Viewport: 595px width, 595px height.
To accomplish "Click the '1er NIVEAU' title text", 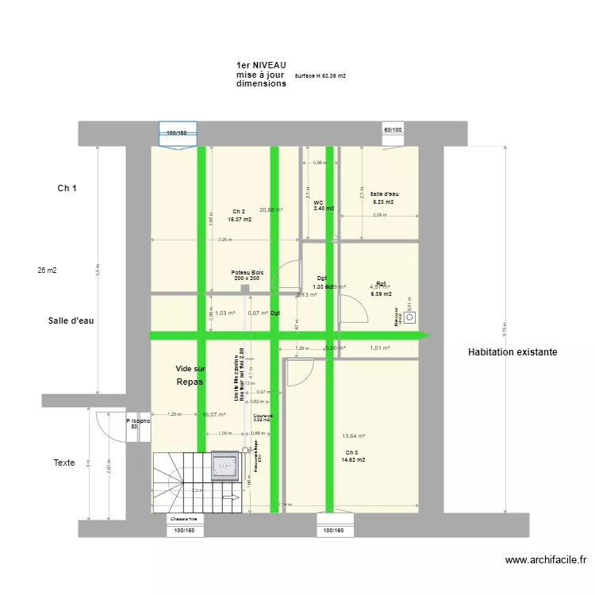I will (x=261, y=65).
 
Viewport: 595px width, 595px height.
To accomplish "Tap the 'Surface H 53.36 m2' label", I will (x=320, y=76).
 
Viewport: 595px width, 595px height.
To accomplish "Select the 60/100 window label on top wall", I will (x=393, y=129).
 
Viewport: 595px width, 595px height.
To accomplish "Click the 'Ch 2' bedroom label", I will (x=239, y=211).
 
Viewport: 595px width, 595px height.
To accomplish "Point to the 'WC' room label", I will (x=319, y=203).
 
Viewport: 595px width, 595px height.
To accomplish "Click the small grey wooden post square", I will (x=245, y=290).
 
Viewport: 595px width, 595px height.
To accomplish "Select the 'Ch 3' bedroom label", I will (x=352, y=452).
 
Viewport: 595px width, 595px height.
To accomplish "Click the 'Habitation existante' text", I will (x=512, y=351).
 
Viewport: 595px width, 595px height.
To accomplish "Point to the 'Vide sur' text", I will (x=190, y=369).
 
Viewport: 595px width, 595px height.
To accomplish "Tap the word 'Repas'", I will (x=190, y=382).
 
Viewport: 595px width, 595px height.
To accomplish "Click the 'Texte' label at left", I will (x=64, y=463).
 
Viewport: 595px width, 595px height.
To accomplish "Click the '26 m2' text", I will (x=47, y=271).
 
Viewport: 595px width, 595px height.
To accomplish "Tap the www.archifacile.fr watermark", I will (x=545, y=560).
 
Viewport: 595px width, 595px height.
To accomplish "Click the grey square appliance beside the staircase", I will (x=225, y=466).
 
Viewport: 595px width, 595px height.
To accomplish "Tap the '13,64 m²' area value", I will (x=353, y=436).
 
